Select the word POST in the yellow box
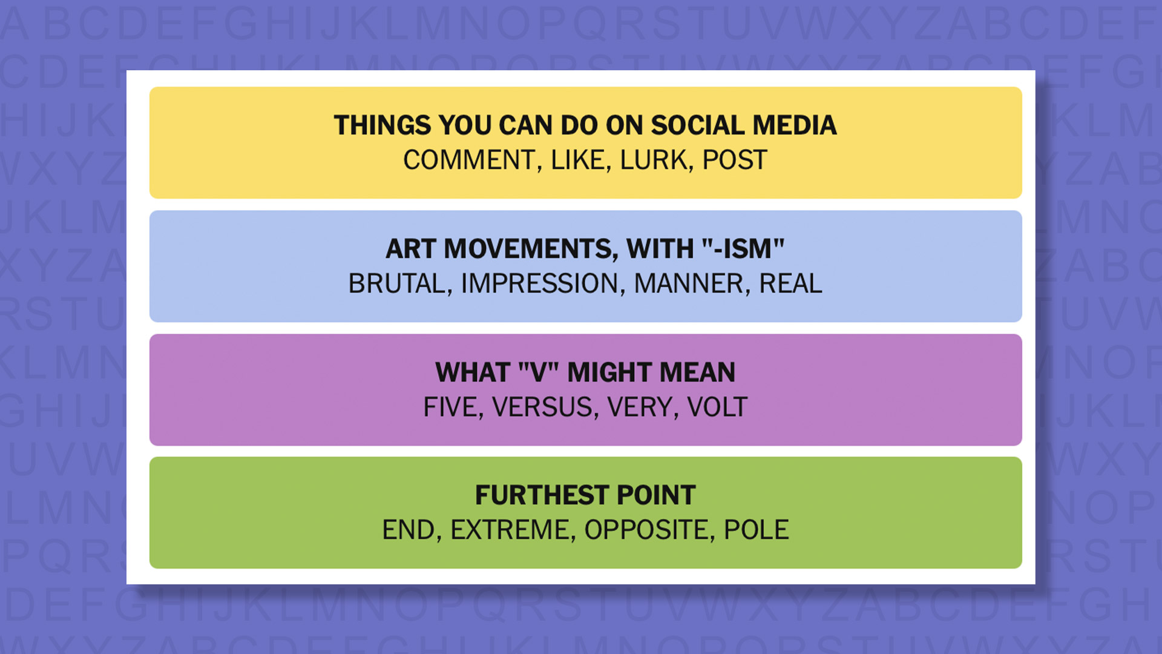[735, 160]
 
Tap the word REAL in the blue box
[790, 284]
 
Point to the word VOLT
[717, 408]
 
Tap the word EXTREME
[512, 530]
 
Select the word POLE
[757, 530]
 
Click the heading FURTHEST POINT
[585, 495]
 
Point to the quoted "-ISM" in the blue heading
[743, 249]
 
